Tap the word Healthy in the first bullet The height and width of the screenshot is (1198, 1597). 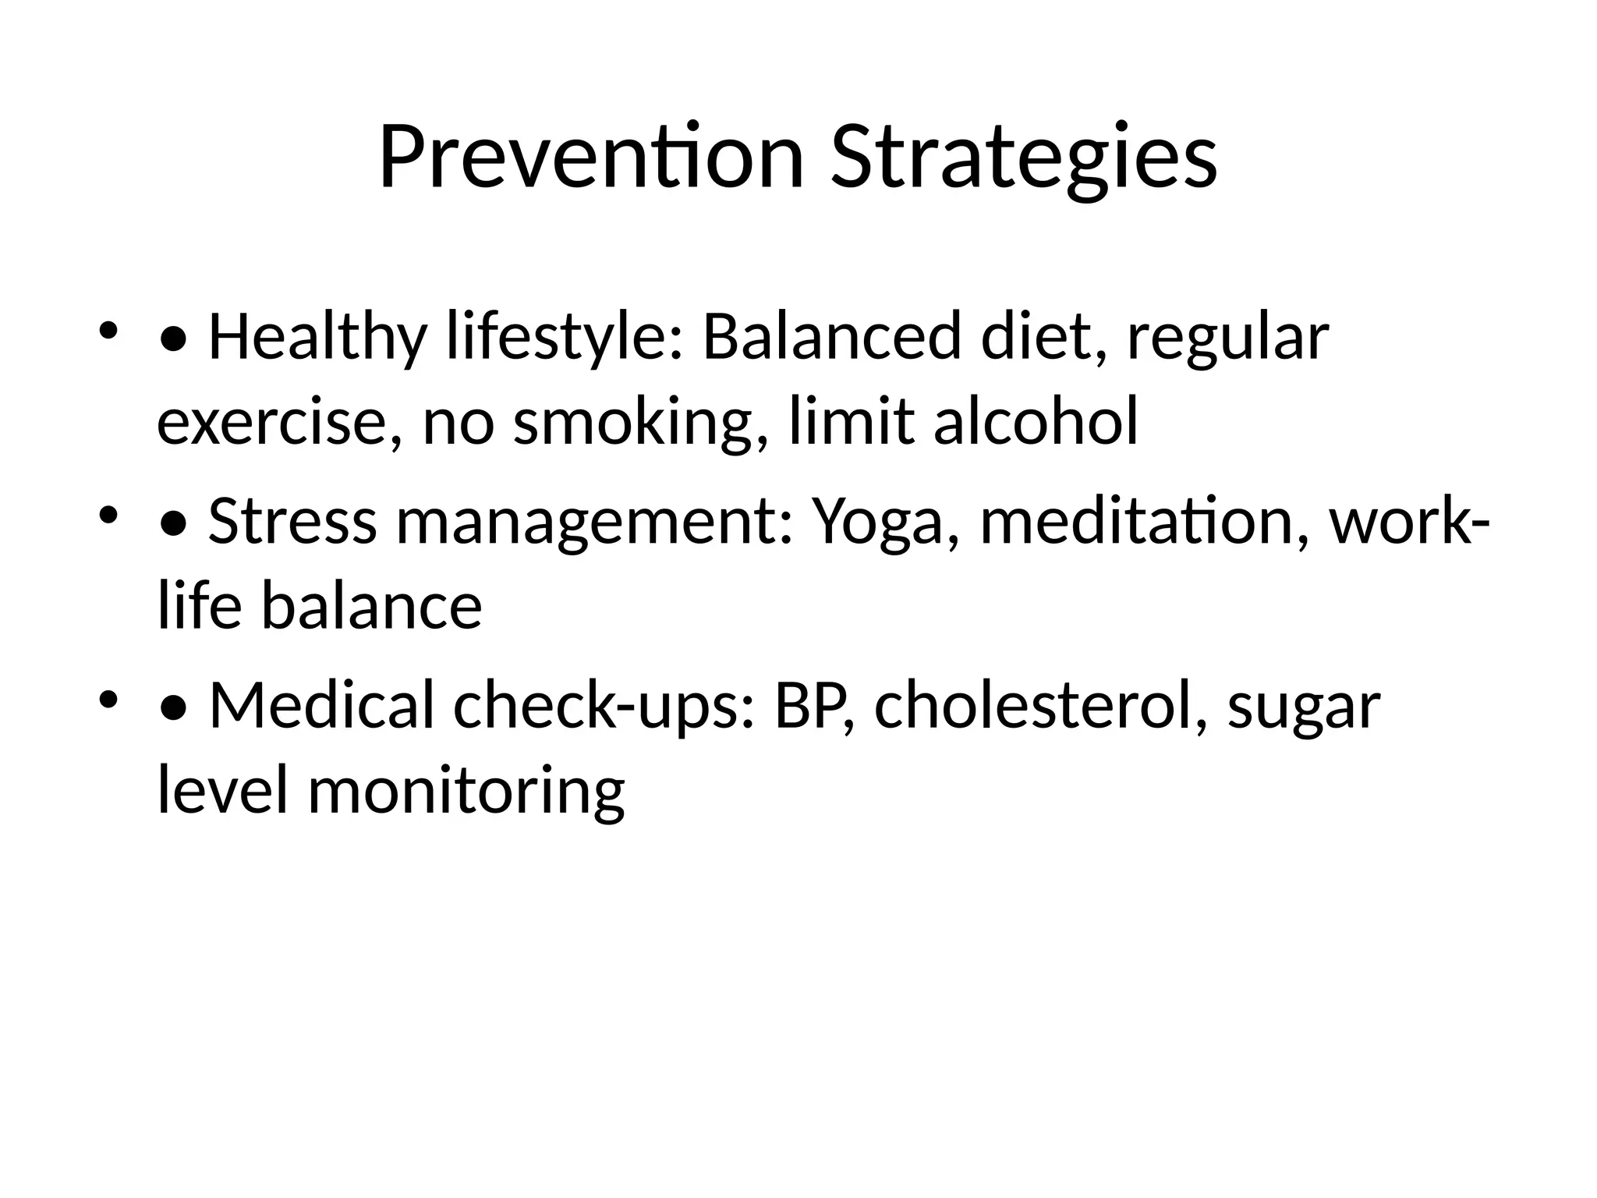pos(317,337)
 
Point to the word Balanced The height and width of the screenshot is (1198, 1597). pos(831,337)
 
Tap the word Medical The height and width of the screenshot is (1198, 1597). pos(321,706)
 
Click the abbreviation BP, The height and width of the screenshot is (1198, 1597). pos(814,706)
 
